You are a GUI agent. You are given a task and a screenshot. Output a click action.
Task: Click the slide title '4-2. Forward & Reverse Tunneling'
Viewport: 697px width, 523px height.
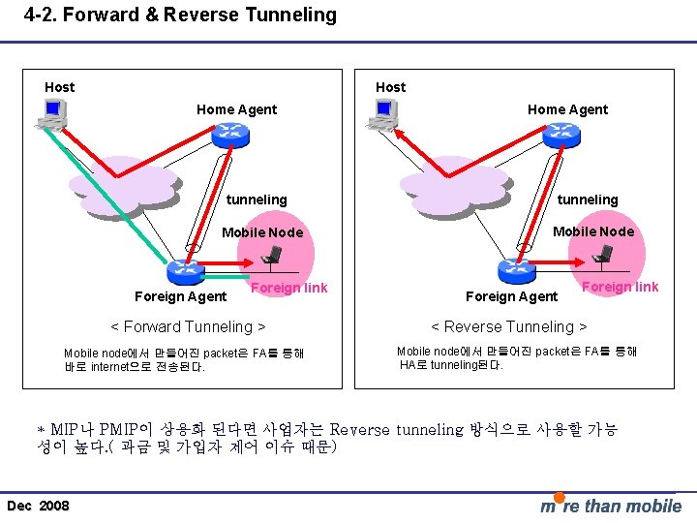(x=180, y=15)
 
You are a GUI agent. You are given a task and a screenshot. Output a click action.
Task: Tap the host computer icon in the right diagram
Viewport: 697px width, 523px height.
(x=380, y=114)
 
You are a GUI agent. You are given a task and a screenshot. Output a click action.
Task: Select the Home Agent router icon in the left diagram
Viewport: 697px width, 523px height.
(x=231, y=135)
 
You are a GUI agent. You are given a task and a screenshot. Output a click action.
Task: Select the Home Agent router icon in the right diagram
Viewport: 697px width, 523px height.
(x=561, y=135)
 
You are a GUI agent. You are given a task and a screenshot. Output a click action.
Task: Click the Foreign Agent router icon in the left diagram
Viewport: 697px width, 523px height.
(x=181, y=272)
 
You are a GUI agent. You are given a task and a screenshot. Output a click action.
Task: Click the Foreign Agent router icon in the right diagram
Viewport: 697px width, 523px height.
(x=513, y=271)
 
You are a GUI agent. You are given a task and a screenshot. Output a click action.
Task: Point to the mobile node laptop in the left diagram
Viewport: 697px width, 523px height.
(x=273, y=255)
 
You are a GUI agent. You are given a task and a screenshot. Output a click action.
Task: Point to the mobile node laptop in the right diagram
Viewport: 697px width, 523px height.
(x=604, y=255)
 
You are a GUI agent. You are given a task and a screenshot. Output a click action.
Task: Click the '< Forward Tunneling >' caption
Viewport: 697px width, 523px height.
(x=189, y=326)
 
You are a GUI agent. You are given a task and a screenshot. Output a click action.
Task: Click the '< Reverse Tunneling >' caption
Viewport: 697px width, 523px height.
(x=509, y=326)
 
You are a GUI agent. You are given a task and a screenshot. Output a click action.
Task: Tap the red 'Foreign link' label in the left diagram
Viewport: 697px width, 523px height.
(x=288, y=288)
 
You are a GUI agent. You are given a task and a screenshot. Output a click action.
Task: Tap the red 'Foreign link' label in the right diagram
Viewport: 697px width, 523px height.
(x=620, y=287)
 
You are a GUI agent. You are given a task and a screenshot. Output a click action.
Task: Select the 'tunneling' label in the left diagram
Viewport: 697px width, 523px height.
(x=257, y=200)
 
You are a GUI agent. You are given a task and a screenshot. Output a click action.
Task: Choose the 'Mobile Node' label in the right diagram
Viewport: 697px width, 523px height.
(x=593, y=231)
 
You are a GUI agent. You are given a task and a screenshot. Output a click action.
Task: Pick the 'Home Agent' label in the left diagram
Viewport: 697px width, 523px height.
(x=236, y=109)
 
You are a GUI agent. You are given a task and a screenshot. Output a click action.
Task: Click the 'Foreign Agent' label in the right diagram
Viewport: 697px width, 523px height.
(x=511, y=296)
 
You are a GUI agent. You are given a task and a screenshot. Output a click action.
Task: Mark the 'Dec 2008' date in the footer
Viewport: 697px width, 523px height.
(x=38, y=506)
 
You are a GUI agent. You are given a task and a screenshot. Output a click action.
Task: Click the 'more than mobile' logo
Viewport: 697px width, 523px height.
(x=610, y=505)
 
